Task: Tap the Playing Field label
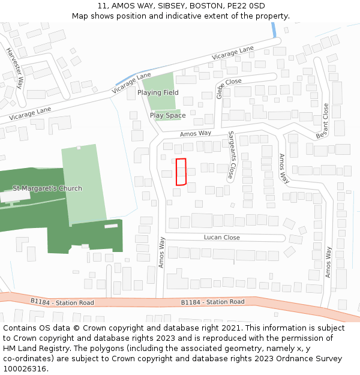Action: point(158,93)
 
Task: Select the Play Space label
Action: point(167,115)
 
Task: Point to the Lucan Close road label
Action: point(222,238)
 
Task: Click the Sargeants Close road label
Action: point(231,155)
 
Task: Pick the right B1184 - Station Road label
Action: point(212,302)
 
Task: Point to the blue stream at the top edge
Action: point(274,30)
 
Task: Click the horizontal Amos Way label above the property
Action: point(196,133)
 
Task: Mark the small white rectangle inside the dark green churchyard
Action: point(111,226)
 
